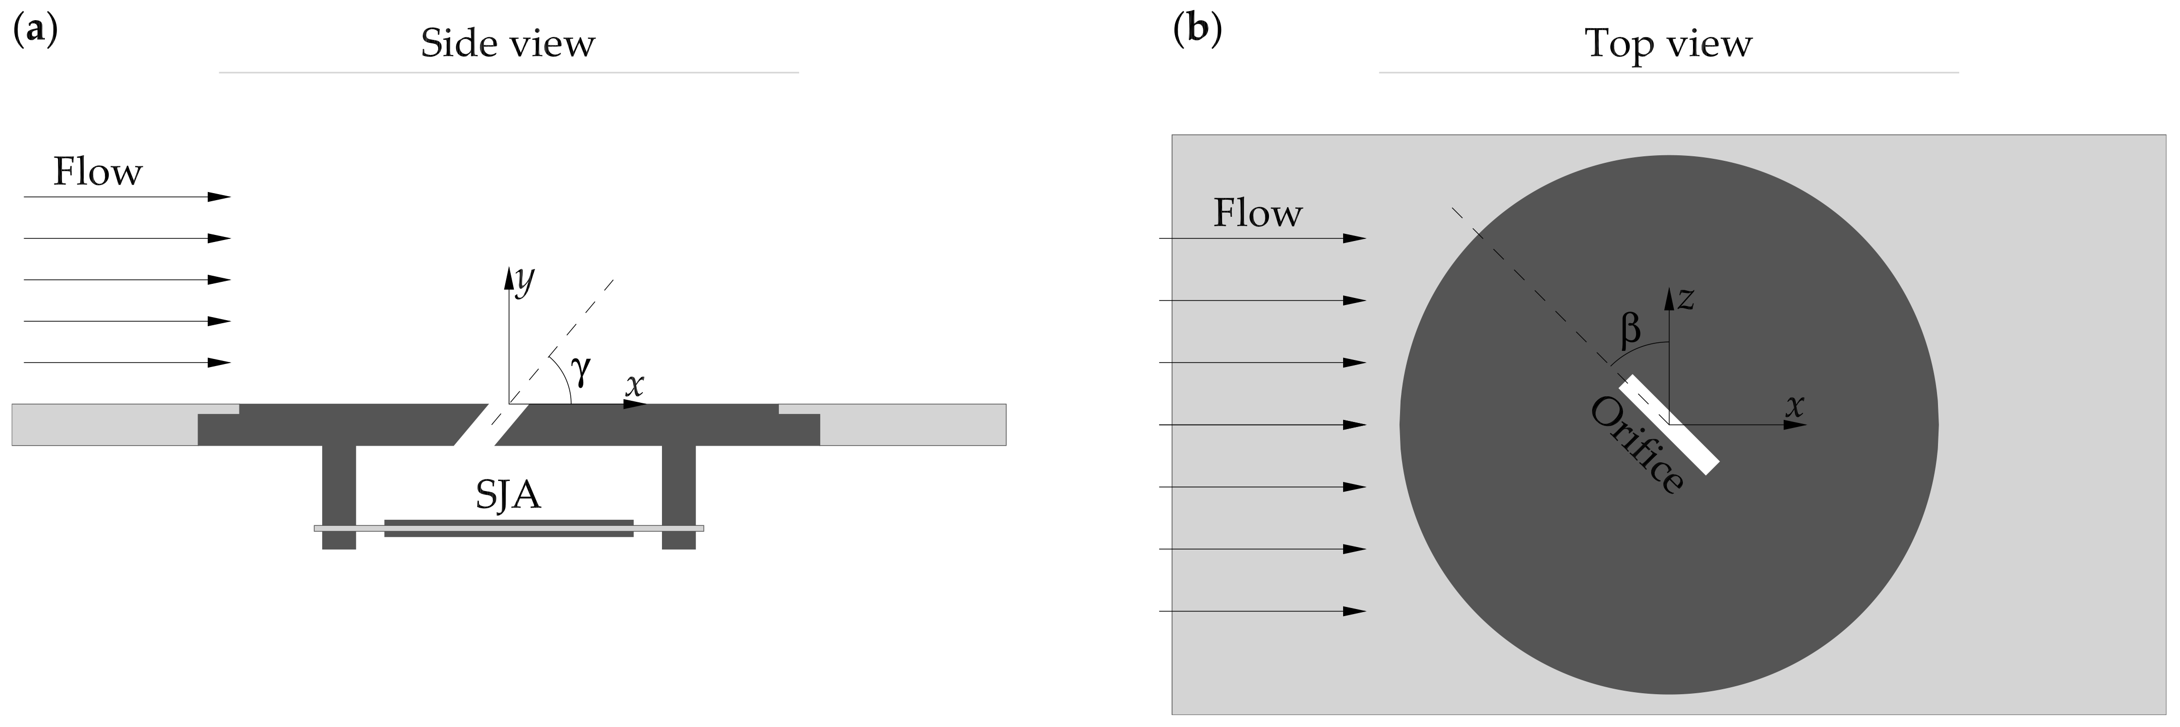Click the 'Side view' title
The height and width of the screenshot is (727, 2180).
click(x=508, y=44)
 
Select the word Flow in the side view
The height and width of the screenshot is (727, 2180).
click(x=97, y=172)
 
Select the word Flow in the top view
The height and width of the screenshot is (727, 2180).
click(x=1257, y=213)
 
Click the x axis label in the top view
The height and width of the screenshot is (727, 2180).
click(x=1795, y=406)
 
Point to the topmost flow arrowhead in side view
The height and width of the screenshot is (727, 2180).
click(x=220, y=197)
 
